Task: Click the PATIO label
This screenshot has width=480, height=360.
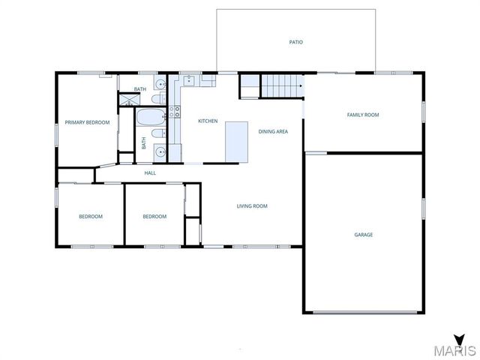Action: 296,42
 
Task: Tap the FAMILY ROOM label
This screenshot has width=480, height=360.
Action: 363,115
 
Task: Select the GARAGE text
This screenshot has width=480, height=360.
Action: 364,235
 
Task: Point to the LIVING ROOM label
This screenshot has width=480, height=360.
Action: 252,206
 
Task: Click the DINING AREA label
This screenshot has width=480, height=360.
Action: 273,131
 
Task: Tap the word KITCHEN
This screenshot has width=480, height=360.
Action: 208,121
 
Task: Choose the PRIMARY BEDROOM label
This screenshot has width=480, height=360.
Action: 87,122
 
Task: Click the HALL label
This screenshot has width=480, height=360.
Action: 150,173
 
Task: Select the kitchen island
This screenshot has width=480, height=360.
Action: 236,142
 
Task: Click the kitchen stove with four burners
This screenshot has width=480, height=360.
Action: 174,112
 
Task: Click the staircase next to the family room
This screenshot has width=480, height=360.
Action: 280,86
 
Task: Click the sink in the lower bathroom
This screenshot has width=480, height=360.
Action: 160,152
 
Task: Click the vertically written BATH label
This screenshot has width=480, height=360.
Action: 144,142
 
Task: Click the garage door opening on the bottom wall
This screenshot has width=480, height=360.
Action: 364,312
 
